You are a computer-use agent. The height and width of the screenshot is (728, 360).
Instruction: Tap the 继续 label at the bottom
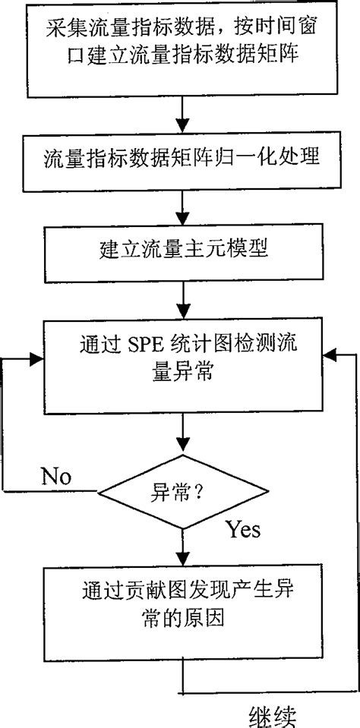pyautogui.click(x=273, y=715)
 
